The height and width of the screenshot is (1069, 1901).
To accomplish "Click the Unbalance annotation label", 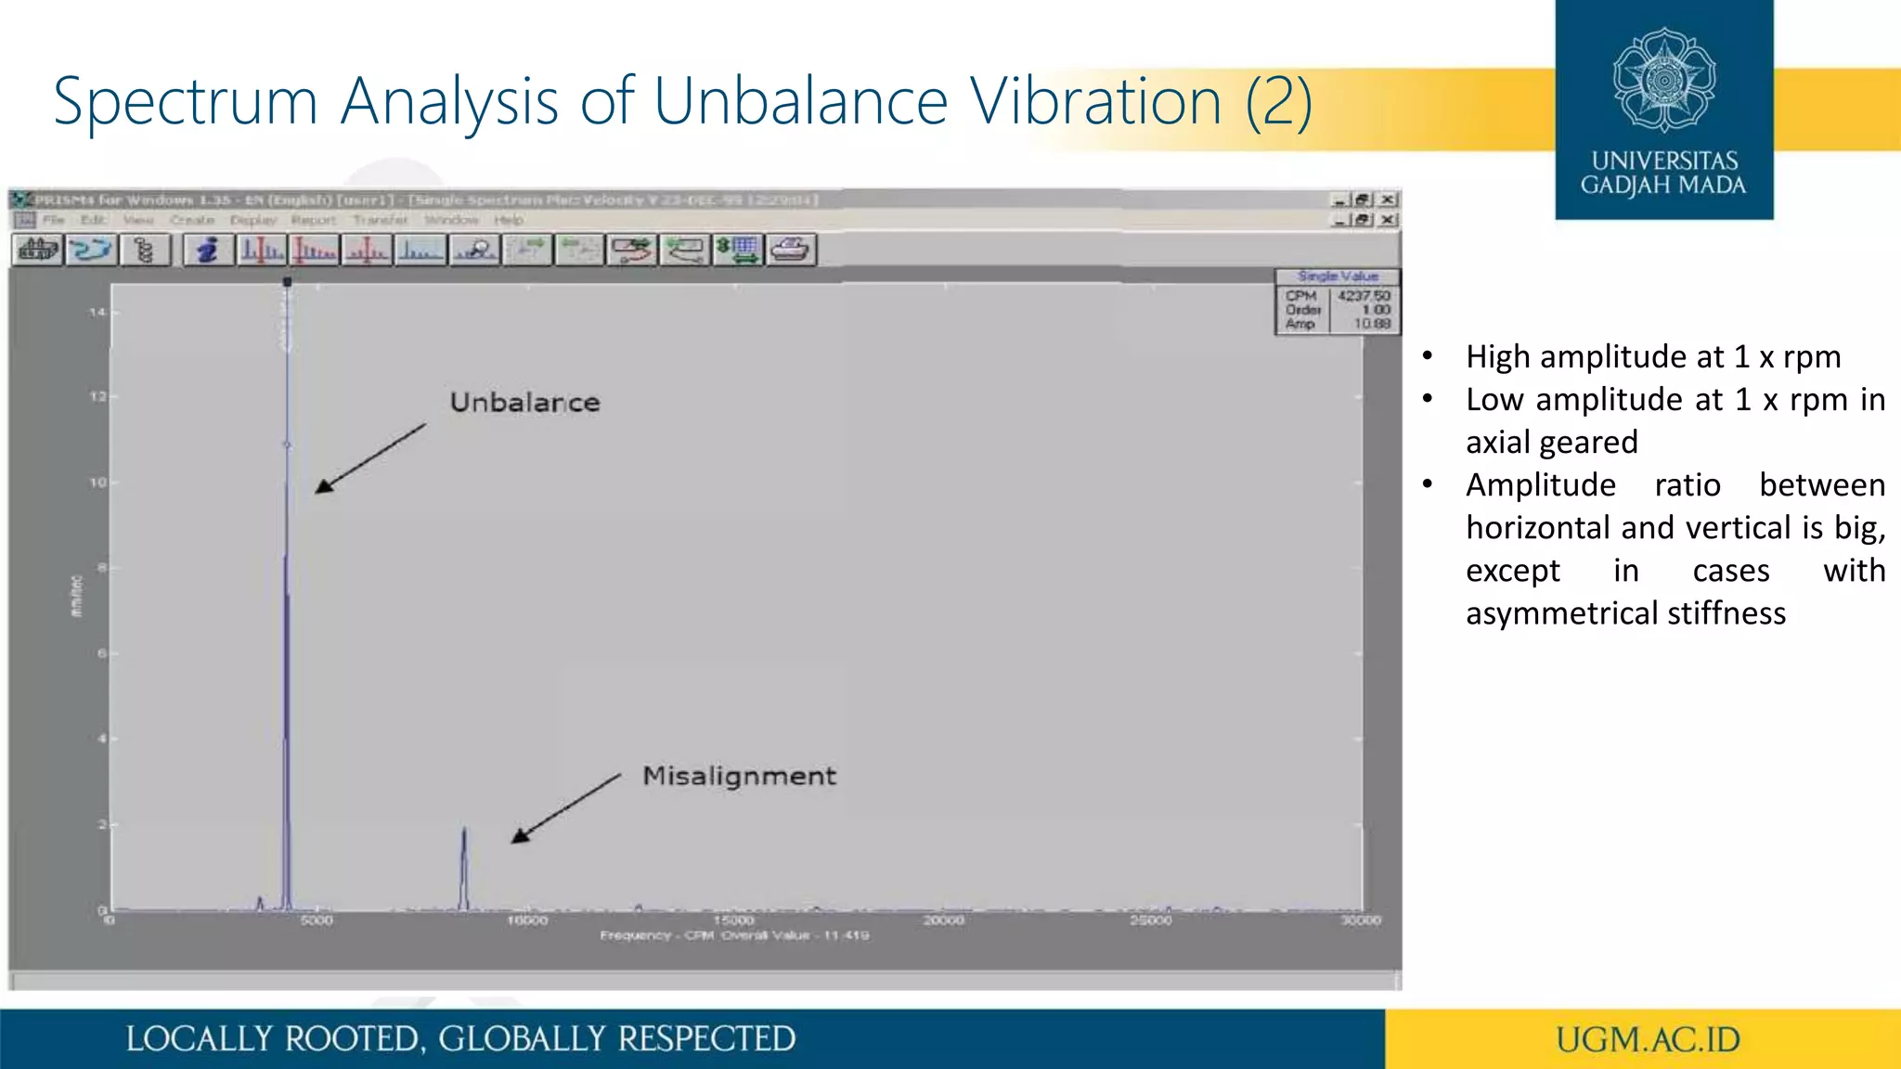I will (x=524, y=402).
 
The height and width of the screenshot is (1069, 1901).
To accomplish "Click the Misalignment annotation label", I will (x=739, y=776).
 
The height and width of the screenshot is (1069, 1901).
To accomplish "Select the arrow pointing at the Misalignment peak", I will (x=566, y=808).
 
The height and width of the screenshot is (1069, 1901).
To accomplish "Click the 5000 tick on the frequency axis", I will (x=317, y=921).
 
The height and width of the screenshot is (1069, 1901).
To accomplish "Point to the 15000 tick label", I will (x=733, y=921).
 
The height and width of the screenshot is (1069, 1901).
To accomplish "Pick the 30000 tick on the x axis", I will (x=1360, y=921).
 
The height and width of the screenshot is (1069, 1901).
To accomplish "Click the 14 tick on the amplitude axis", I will (x=97, y=312).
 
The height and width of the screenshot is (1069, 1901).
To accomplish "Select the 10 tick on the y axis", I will (x=97, y=483).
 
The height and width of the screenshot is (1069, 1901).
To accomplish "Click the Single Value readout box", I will (x=1338, y=303).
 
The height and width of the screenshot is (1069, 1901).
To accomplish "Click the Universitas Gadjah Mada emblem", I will (x=1664, y=80).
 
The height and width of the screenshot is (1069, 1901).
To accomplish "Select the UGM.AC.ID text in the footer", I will (x=1648, y=1039).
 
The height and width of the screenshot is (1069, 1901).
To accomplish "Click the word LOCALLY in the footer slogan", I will (x=199, y=1039).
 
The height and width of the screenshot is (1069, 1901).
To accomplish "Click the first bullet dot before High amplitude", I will (x=1428, y=356).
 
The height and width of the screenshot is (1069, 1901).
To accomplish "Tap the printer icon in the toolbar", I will (x=791, y=250).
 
